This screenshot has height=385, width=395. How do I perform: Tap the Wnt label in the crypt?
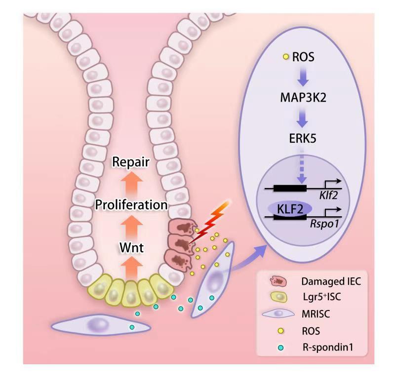[x=130, y=247]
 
